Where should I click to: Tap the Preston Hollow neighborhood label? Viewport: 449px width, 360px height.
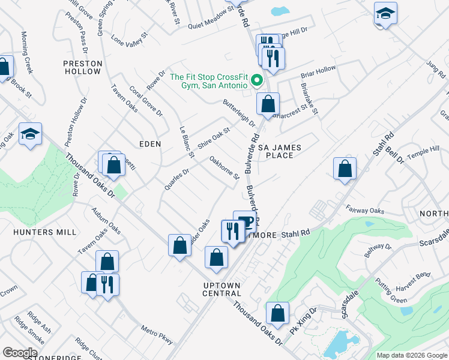(82, 67)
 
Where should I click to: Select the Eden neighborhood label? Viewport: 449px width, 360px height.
(150, 144)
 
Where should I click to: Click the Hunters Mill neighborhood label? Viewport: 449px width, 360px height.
(46, 232)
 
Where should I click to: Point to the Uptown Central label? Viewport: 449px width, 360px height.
(221, 289)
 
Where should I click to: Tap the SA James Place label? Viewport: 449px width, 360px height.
(279, 151)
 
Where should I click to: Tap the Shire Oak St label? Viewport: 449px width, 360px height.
(214, 140)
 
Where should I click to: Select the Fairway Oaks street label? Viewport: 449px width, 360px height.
(365, 210)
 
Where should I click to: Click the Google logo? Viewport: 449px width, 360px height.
(20, 352)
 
